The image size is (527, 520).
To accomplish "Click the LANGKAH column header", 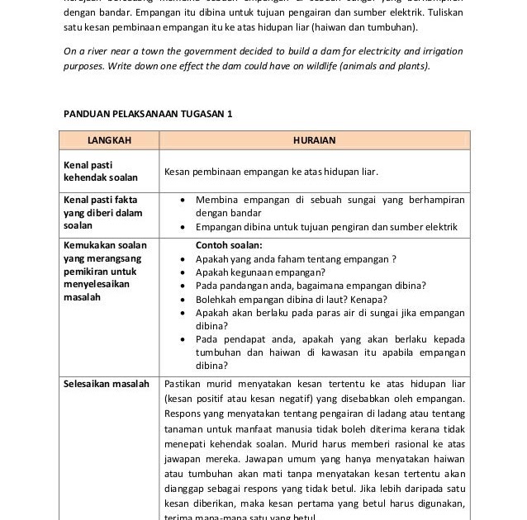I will [x=109, y=140].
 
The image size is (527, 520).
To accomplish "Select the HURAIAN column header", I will [x=314, y=140].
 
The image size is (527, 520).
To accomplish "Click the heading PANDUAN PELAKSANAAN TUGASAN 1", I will [x=148, y=114].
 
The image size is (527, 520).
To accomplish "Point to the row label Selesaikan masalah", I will [x=107, y=384].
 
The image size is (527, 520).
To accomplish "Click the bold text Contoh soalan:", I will [x=228, y=245].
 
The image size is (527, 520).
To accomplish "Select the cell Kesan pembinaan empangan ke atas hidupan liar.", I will [x=271, y=173].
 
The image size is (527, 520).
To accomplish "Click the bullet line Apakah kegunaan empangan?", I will [x=260, y=272].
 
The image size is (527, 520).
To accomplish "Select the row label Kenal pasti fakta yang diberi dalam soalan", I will [x=102, y=213].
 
